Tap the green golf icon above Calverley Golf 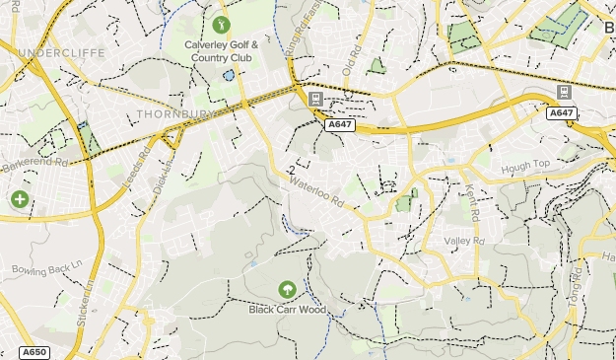click(x=221, y=24)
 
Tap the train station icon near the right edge click(x=564, y=92)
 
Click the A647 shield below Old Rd click(x=340, y=124)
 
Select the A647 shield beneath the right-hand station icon click(x=562, y=113)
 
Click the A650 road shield click(x=34, y=352)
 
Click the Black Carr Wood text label click(x=287, y=309)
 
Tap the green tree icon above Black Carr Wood click(x=287, y=289)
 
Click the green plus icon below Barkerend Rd click(x=19, y=199)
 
